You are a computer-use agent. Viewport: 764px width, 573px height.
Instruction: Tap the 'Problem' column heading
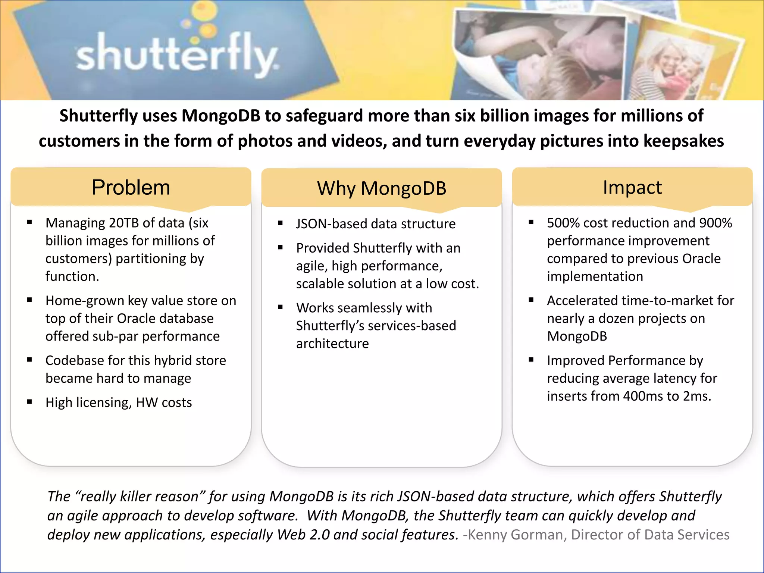(x=131, y=187)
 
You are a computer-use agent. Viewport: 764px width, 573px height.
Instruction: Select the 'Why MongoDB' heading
(x=381, y=188)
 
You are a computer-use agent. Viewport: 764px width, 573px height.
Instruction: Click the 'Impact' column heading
(x=632, y=187)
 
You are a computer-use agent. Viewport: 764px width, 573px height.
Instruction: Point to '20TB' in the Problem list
(x=124, y=223)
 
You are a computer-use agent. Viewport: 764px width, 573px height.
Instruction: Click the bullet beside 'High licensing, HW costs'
(x=29, y=402)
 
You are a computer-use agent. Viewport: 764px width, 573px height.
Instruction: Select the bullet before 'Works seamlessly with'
(x=280, y=307)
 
